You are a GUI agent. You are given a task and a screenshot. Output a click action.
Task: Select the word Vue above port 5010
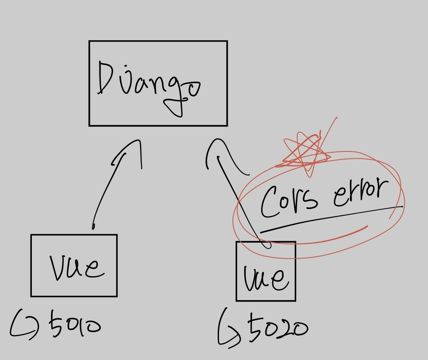pyautogui.click(x=77, y=266)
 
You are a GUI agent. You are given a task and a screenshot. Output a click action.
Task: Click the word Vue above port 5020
pyautogui.click(x=266, y=277)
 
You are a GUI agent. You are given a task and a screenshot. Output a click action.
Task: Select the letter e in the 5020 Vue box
pyautogui.click(x=279, y=279)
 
